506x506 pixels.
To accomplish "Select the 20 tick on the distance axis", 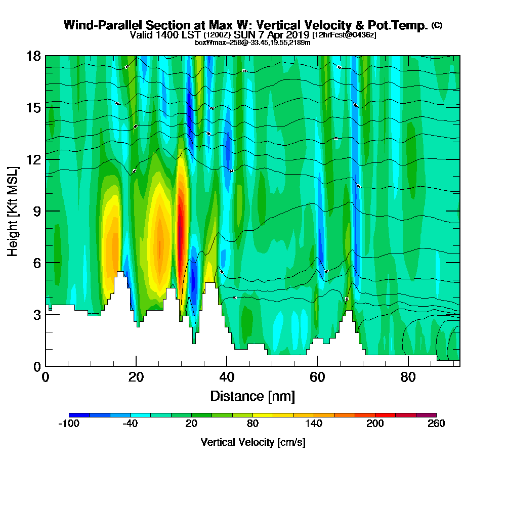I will (136, 366).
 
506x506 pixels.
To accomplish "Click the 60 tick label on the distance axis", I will (317, 377).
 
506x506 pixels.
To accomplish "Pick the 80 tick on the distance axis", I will (408, 366).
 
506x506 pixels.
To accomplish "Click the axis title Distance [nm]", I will (252, 396).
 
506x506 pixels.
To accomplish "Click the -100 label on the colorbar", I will (69, 424).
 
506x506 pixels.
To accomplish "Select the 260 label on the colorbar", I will (436, 424).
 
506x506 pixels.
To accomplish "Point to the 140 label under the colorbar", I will (314, 424).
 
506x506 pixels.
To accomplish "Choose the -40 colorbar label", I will (130, 424).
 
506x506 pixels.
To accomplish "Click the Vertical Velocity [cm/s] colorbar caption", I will (253, 442).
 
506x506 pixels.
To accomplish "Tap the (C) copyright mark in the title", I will (437, 25).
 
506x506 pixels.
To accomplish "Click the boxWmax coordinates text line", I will (252, 43).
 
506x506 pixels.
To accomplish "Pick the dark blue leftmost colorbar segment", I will (79, 415).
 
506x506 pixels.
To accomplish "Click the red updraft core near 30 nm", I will (180, 228).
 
